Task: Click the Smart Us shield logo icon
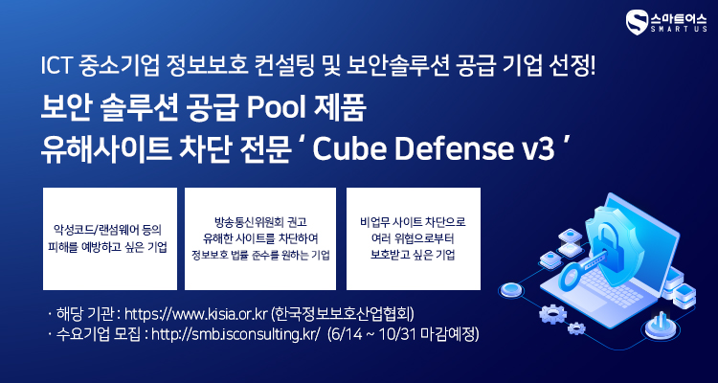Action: click(x=637, y=22)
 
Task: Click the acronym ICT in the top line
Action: click(x=55, y=68)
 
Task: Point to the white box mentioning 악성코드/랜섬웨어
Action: click(x=110, y=238)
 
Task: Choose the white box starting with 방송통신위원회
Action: click(x=260, y=238)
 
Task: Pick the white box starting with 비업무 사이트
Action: click(x=413, y=238)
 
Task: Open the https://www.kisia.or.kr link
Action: click(x=195, y=315)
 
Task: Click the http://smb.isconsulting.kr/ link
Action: click(x=235, y=335)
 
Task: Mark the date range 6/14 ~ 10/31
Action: click(x=372, y=335)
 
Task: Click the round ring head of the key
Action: click(x=571, y=277)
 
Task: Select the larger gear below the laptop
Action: click(x=552, y=314)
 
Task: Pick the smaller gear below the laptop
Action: click(x=575, y=328)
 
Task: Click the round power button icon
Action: click(x=660, y=326)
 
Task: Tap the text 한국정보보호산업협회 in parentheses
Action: click(x=343, y=315)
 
